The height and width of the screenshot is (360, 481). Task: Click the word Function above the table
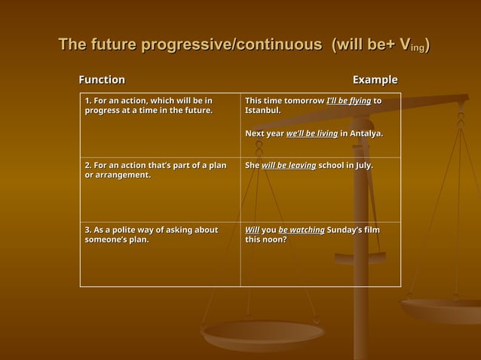coord(103,80)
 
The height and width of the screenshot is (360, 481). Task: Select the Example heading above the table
coord(375,80)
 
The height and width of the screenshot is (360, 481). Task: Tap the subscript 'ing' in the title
coord(417,50)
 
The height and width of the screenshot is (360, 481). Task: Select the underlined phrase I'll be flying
coord(349,100)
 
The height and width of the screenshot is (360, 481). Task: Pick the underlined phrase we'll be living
coord(312,133)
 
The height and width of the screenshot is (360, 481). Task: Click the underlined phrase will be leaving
coord(289,165)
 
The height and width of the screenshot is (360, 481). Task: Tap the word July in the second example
coord(362,165)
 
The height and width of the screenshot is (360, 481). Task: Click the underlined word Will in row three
coord(252,230)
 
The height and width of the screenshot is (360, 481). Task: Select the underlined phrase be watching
coord(301,230)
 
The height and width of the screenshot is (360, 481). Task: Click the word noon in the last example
coord(275,240)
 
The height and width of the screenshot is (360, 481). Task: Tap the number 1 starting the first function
coord(87,100)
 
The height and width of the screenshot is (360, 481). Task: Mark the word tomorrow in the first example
coord(302,100)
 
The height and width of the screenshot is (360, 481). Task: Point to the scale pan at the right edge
coord(445,309)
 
